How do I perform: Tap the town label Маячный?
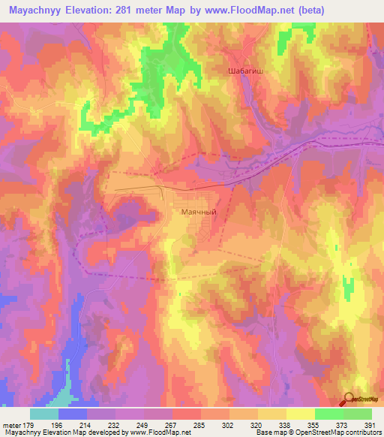(199, 212)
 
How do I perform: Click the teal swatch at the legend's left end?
(44, 414)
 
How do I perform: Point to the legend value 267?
(172, 424)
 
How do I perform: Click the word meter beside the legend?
(13, 424)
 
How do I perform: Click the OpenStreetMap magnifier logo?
(347, 399)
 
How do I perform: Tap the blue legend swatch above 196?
(73, 414)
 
